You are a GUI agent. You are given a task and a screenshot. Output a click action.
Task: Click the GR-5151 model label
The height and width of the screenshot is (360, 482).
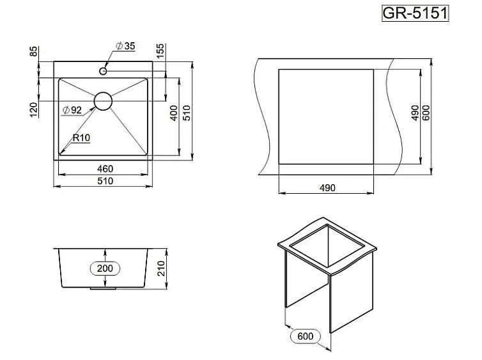(416, 13)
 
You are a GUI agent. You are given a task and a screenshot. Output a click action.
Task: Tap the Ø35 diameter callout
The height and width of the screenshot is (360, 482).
(125, 46)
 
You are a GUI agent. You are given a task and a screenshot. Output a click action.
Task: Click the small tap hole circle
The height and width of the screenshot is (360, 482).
(103, 72)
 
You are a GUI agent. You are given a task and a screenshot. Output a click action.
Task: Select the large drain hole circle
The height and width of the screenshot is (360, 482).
(103, 101)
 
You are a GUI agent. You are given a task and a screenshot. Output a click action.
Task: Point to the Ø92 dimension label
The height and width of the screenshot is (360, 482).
(72, 110)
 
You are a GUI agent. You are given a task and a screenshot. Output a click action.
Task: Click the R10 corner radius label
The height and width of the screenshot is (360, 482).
(81, 137)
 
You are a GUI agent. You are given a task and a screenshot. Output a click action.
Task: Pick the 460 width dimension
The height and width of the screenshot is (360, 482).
(105, 169)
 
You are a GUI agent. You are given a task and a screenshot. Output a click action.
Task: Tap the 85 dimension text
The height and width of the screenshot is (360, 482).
(33, 51)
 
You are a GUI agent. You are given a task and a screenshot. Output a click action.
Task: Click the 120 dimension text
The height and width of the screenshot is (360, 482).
(34, 110)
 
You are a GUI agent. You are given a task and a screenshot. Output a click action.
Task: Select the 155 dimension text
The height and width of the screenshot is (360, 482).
(160, 51)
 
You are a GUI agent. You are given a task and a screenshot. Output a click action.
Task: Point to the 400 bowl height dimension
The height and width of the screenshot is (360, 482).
(174, 113)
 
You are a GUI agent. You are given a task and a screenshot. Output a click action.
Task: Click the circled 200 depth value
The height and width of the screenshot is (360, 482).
(105, 269)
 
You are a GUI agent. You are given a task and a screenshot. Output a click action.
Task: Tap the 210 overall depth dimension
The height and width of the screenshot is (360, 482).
(161, 269)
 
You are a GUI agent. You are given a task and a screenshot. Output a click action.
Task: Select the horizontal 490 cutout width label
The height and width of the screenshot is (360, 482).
(327, 188)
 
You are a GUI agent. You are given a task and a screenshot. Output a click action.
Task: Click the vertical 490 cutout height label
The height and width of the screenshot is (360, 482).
(415, 113)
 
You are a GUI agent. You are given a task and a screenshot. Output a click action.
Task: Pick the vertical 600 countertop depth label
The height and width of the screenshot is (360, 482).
(426, 113)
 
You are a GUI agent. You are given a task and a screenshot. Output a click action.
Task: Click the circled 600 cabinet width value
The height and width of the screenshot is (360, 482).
(306, 336)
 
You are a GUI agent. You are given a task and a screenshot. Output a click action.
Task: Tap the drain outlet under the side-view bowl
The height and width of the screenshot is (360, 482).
(103, 288)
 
